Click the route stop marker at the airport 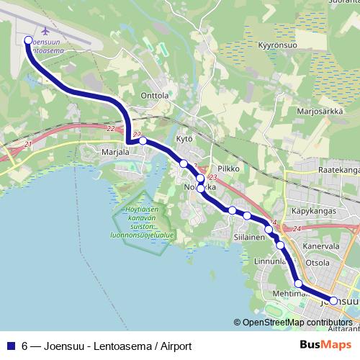(28, 40)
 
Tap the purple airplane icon (47, 31)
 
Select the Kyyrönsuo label (278, 45)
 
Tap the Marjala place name (113, 152)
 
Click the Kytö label (184, 138)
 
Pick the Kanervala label (321, 246)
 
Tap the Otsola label (318, 263)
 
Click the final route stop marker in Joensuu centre (333, 300)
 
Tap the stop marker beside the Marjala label (143, 141)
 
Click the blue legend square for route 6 (11, 346)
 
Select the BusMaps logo (325, 345)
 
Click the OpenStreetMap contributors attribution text (297, 323)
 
